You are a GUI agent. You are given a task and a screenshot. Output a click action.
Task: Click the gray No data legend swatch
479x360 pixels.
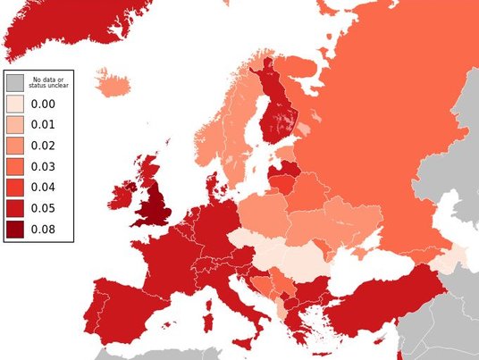[x=15, y=83]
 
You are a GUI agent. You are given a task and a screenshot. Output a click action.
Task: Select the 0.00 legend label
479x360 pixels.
[x=43, y=104]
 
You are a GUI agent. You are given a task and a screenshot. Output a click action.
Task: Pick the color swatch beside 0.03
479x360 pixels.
[x=15, y=166]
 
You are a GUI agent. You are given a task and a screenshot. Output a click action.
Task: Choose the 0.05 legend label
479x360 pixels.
[x=43, y=208]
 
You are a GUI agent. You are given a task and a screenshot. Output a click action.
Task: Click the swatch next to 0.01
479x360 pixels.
[x=15, y=125]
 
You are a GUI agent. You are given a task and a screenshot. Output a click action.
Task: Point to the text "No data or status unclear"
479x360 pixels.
[x=48, y=83]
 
